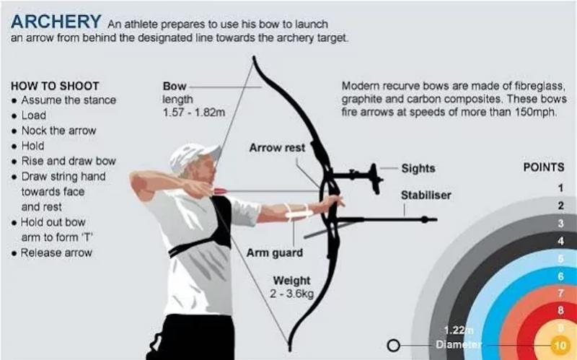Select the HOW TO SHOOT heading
pos(55,85)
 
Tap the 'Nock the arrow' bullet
pos(58,131)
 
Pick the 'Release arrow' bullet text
pos(57,253)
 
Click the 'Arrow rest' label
pos(277,148)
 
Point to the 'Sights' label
pos(418,168)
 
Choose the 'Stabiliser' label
pos(426,195)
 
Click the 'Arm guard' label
pos(275,253)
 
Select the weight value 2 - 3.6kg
pos(291,294)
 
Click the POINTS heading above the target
pos(543,167)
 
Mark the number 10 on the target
pos(560,346)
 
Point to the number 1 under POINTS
pos(560,188)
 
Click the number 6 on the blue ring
pos(560,276)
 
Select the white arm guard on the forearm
pos(297,212)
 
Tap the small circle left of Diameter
pos(395,345)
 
